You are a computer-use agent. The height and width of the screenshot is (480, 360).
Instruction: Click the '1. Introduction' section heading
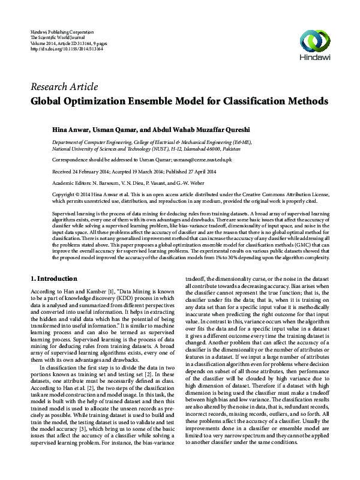tap(53, 278)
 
